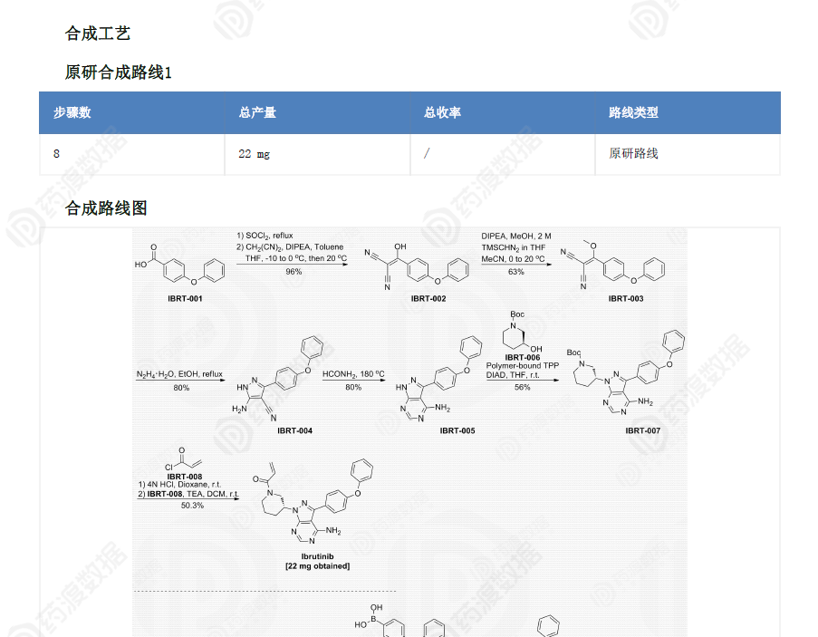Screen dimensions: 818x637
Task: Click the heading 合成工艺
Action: pyautogui.click(x=98, y=34)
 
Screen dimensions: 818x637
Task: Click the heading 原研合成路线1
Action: pyautogui.click(x=118, y=72)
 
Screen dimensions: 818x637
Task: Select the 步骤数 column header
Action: pyautogui.click(x=72, y=112)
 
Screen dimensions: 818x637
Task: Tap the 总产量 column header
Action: pyautogui.click(x=257, y=112)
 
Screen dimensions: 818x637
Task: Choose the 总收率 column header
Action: pyautogui.click(x=442, y=112)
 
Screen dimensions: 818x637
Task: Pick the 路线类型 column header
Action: pyautogui.click(x=633, y=112)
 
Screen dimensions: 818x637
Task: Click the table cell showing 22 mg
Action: pyautogui.click(x=254, y=154)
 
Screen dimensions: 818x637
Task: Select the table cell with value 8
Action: pyautogui.click(x=56, y=154)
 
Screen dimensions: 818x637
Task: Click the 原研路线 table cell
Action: pyautogui.click(x=633, y=154)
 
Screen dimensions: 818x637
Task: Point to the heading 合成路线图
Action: pyautogui.click(x=106, y=208)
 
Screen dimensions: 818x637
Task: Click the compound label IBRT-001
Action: pyautogui.click(x=185, y=298)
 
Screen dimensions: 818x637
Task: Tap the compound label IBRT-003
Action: pyautogui.click(x=626, y=298)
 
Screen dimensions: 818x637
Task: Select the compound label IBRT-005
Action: pyautogui.click(x=457, y=430)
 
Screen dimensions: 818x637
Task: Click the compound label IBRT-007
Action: pyautogui.click(x=642, y=430)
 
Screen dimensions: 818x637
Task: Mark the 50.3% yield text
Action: pyautogui.click(x=192, y=506)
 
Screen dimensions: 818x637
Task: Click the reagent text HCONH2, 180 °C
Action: pyautogui.click(x=353, y=374)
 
